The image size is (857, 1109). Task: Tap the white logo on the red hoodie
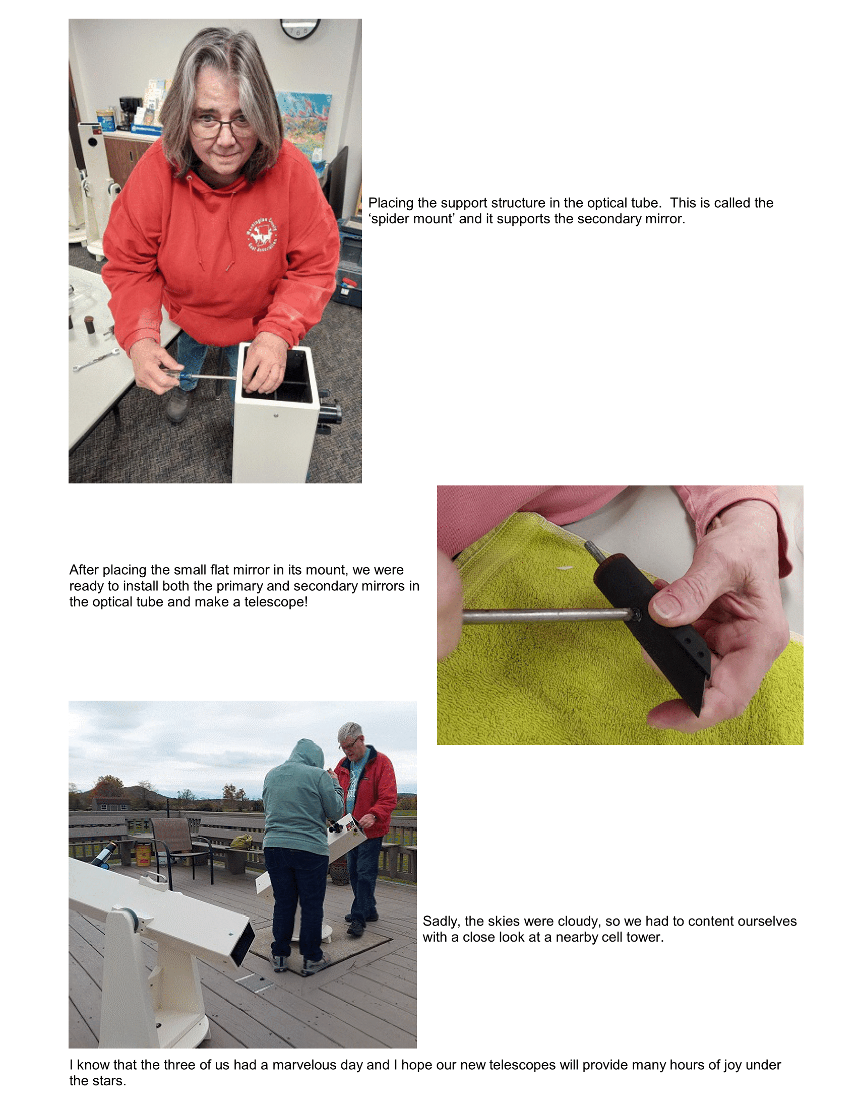(x=263, y=234)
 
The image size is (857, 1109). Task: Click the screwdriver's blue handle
(x=179, y=376)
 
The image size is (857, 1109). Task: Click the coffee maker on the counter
(x=129, y=113)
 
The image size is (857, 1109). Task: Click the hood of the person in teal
(x=304, y=755)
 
